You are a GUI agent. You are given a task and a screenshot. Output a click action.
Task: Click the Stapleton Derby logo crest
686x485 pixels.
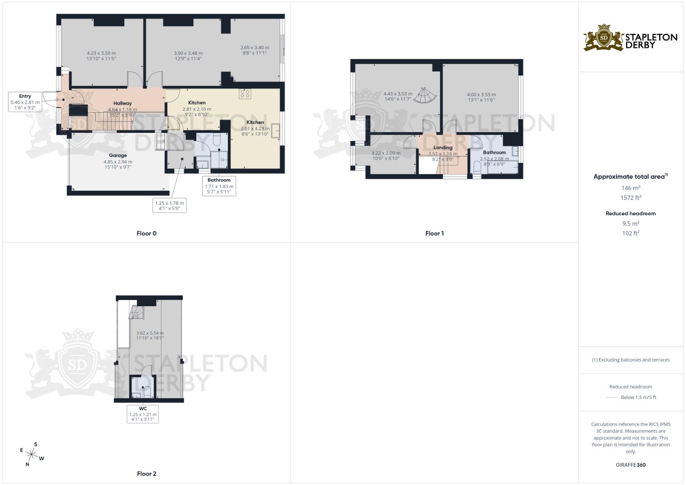604,38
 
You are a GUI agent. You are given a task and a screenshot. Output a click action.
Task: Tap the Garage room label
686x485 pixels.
118,155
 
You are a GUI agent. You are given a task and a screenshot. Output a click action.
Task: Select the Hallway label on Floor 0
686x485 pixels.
122,103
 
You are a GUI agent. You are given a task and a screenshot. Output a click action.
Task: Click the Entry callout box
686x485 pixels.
25,102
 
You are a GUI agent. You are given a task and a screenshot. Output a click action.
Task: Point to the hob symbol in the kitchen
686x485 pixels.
245,93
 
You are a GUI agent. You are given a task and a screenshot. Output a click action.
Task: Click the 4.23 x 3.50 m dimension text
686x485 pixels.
101,53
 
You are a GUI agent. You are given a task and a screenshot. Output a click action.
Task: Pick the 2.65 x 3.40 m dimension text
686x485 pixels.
255,48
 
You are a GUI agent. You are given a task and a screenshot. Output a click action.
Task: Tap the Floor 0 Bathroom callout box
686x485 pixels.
219,186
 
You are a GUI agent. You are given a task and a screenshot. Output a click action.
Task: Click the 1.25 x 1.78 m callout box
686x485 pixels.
169,206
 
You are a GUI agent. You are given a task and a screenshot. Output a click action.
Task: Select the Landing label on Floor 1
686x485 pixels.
443,148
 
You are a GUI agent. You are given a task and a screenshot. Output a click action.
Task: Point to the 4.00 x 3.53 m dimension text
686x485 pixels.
481,95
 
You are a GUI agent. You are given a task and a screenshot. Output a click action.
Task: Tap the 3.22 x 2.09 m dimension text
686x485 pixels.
386,153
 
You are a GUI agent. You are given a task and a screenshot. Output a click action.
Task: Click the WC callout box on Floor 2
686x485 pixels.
143,414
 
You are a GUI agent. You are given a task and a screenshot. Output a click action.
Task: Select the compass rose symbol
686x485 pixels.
32,454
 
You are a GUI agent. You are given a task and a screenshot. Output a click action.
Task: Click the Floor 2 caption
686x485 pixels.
146,474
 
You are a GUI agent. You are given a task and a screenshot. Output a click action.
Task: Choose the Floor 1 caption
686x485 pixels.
434,234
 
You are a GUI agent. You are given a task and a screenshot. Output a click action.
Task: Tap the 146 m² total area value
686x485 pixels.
631,188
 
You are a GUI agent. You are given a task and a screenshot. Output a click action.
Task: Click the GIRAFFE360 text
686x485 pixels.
631,465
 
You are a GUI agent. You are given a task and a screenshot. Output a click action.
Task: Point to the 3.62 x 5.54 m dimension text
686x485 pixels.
150,333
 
